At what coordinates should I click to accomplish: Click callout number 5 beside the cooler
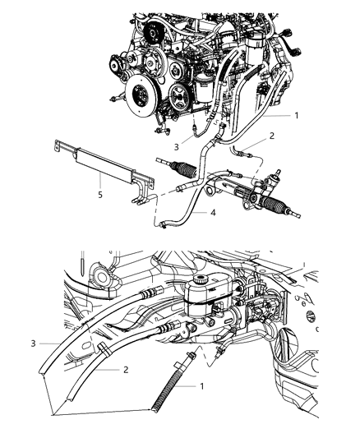tap(100, 196)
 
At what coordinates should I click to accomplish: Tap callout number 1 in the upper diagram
tap(297, 117)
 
